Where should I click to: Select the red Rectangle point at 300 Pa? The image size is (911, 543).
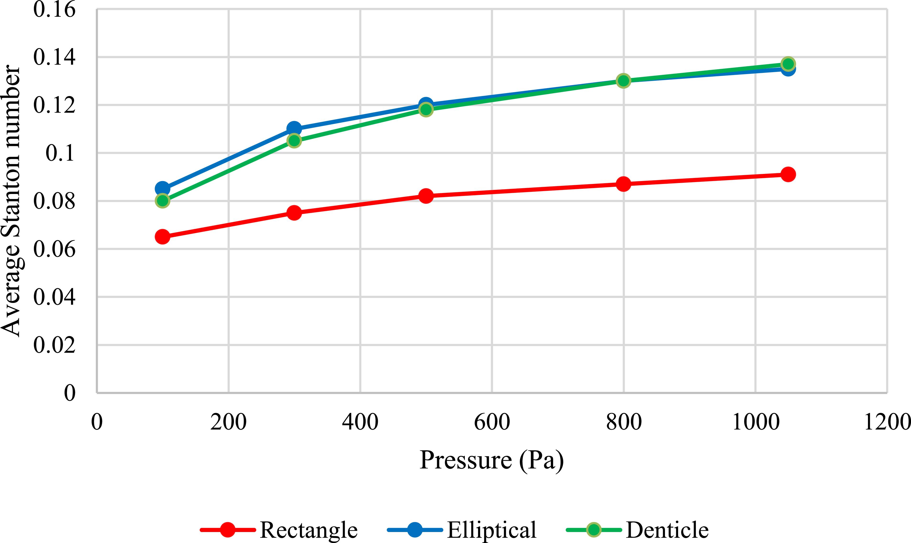click(294, 213)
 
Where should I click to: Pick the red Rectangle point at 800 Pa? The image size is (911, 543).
click(624, 184)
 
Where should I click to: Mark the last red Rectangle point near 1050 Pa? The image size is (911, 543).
click(788, 174)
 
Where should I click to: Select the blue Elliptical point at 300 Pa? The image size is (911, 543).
click(294, 129)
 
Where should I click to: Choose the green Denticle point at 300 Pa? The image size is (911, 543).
click(294, 140)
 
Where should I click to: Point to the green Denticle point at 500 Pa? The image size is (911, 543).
click(426, 109)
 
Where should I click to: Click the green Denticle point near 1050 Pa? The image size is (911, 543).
click(788, 64)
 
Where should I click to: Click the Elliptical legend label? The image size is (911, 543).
click(492, 529)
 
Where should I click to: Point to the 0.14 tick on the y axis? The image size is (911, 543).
click(55, 57)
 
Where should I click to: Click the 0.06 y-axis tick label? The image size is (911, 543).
click(55, 249)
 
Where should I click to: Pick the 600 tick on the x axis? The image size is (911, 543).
click(492, 422)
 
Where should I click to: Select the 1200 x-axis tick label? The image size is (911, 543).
click(887, 422)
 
